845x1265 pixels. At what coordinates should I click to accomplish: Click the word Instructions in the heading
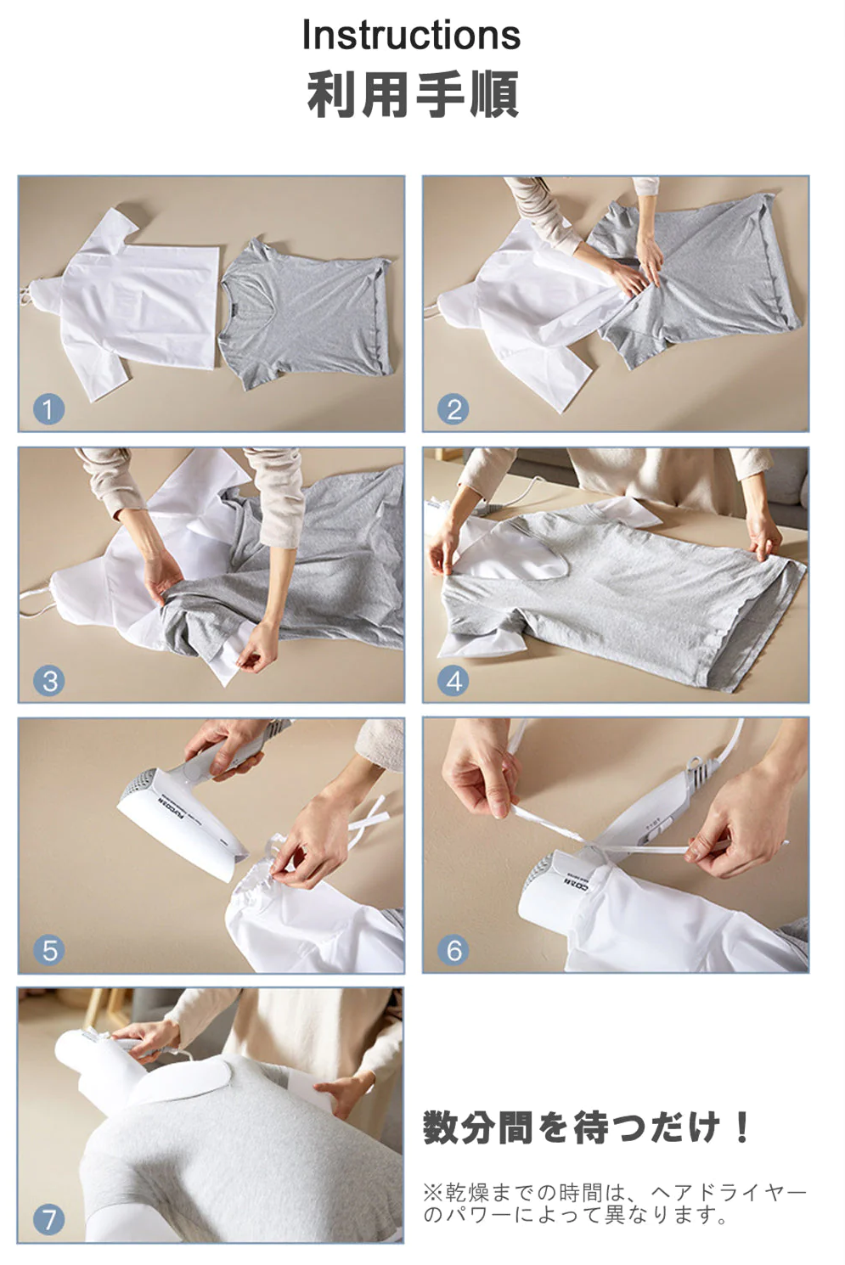point(411,35)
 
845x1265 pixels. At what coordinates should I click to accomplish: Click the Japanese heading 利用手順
point(413,94)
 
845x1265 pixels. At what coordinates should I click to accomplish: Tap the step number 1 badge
point(48,409)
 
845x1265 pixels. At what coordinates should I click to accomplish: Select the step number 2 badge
point(453,409)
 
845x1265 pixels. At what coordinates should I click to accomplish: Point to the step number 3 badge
point(48,681)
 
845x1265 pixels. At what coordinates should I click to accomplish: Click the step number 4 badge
point(453,681)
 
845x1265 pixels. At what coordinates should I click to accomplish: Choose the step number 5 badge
point(48,950)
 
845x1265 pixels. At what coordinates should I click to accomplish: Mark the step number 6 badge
point(453,950)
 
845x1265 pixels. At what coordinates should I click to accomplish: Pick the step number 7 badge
point(48,1220)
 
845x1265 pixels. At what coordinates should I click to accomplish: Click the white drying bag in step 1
point(127,305)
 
